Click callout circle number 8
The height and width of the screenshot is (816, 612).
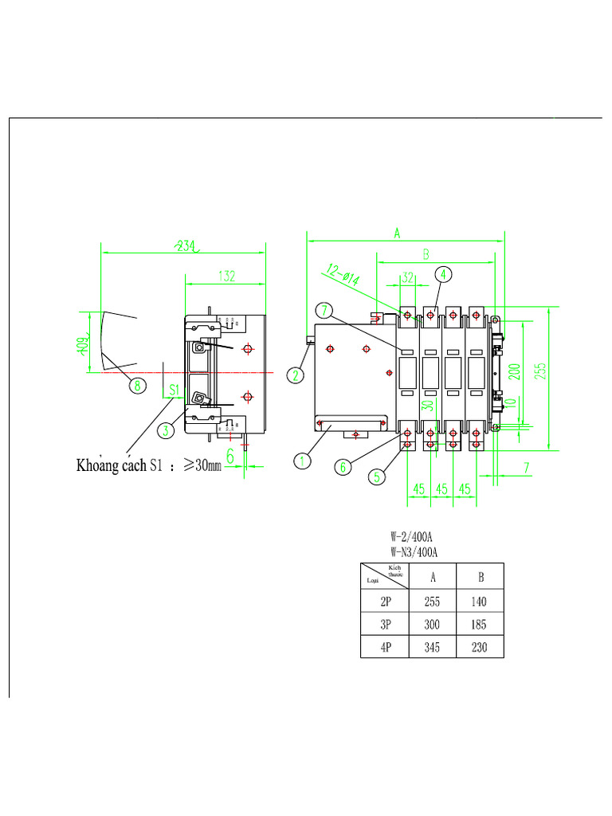coord(138,386)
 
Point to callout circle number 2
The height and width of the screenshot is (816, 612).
coord(296,375)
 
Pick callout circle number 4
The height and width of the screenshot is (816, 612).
coord(444,274)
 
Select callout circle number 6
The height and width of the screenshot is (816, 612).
coord(343,467)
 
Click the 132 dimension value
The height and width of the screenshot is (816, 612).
coord(226,276)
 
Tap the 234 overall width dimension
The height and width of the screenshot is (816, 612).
coord(186,246)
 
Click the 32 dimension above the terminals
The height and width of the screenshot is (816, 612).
coord(407,277)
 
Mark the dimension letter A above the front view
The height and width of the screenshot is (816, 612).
coord(396,232)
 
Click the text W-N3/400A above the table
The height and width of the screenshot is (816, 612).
coord(416,551)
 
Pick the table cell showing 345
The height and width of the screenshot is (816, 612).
coord(432,648)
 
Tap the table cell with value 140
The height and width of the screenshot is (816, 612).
coord(479,602)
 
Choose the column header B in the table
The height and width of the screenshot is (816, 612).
coord(480,577)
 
